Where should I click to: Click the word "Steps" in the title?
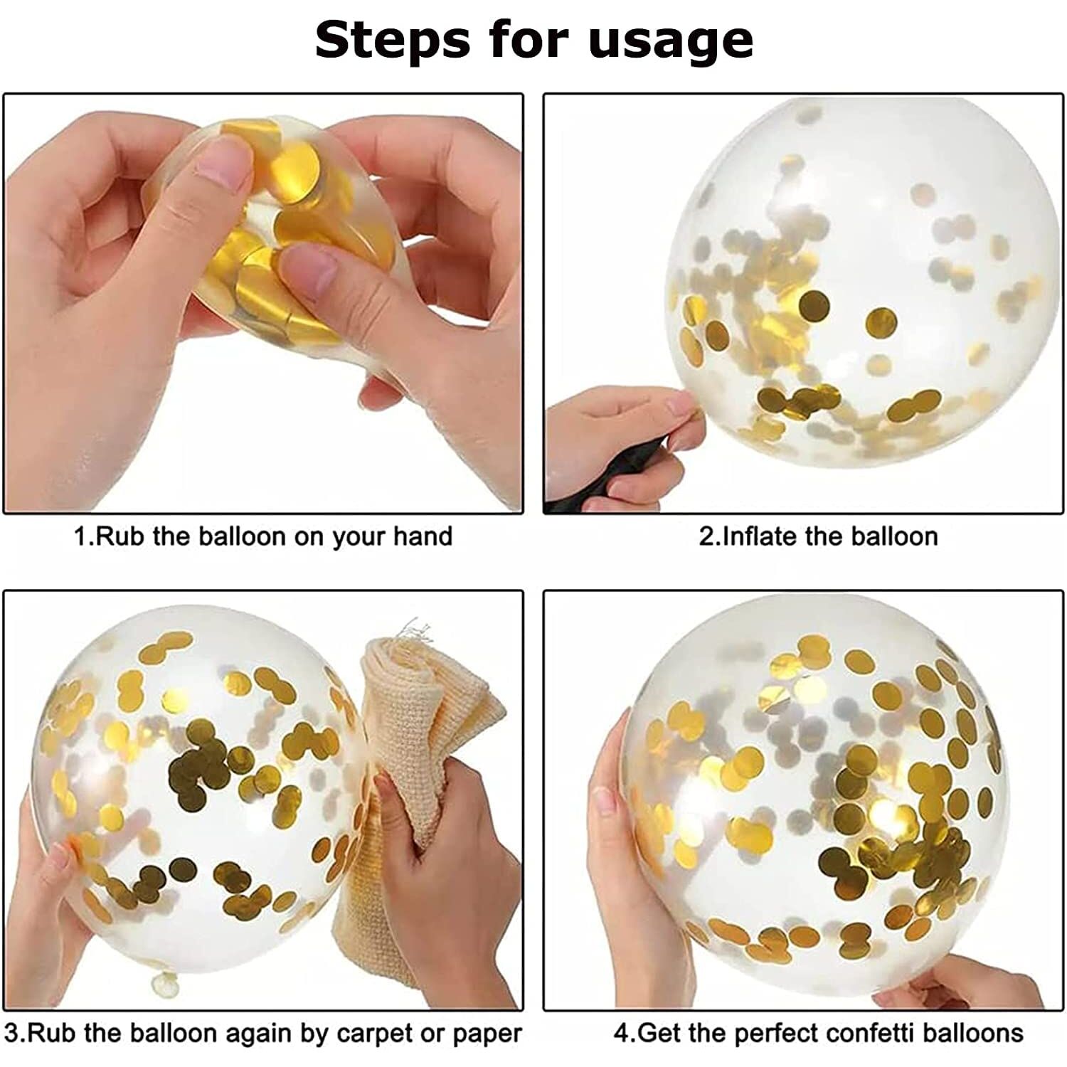tap(392, 41)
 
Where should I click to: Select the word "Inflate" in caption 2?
tap(760, 536)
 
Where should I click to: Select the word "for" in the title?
tap(528, 41)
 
